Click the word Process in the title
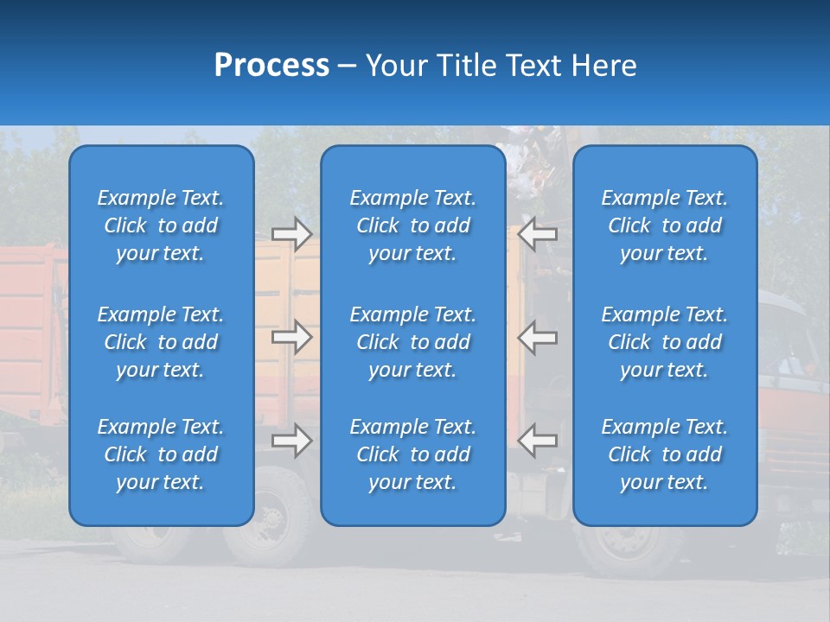(x=271, y=66)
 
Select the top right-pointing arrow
(x=292, y=233)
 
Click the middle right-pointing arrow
(x=292, y=337)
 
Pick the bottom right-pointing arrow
(x=292, y=440)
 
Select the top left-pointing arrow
(x=538, y=233)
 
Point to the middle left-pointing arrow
(x=538, y=337)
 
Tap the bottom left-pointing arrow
(x=538, y=440)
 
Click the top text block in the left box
(x=161, y=225)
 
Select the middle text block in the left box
(x=161, y=342)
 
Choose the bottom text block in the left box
(x=161, y=454)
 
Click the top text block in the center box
(x=413, y=225)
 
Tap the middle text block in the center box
(x=413, y=342)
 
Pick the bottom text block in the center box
(x=413, y=454)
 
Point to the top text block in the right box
(x=665, y=225)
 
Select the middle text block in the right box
(x=665, y=342)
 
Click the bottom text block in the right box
(x=665, y=454)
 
